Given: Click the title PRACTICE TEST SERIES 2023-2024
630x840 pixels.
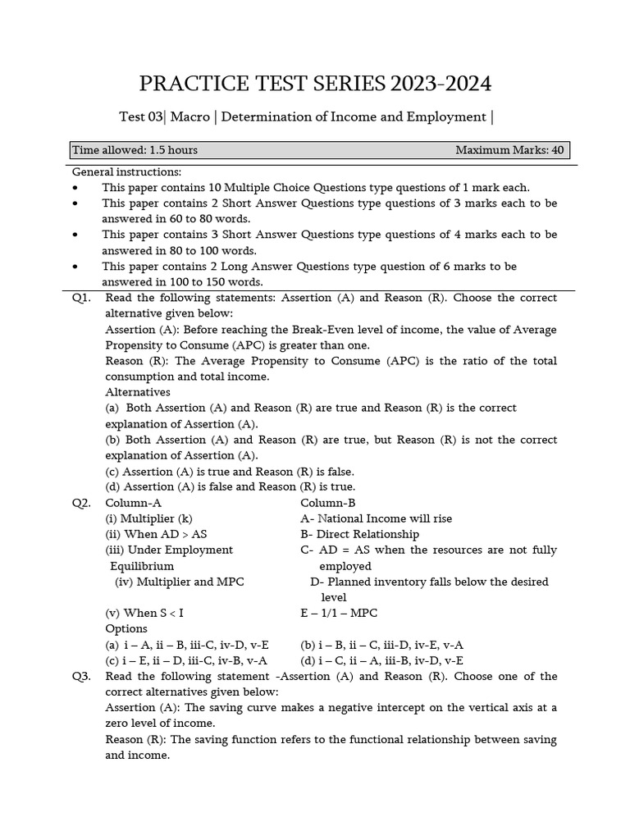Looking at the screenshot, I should pos(316,84).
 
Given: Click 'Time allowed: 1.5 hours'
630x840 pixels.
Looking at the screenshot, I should pos(135,150).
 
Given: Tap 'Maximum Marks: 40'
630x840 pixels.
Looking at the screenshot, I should pos(509,150).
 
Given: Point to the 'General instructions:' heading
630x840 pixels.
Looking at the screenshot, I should pos(126,171).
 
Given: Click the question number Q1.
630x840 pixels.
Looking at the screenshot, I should pos(81,298).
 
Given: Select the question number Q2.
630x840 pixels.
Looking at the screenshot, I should pos(81,503).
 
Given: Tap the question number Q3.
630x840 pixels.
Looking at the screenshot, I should pos(81,677).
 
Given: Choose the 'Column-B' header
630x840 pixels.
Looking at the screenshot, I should pos(328,503).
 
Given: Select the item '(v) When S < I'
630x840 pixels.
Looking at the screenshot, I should pos(144,613).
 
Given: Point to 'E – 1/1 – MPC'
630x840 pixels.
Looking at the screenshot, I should pos(339,613).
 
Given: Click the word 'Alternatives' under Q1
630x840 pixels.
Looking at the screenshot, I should pos(138,392).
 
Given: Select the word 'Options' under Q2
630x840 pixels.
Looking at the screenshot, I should pos(126,628).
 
